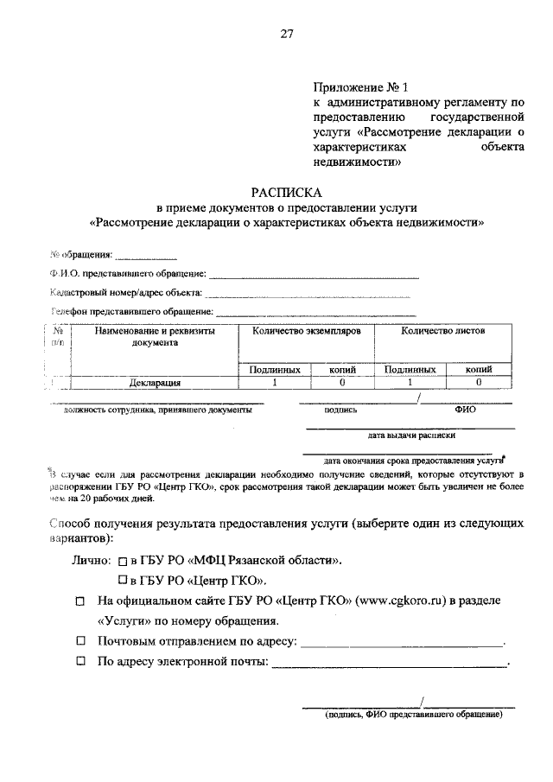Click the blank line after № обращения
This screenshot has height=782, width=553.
click(x=146, y=257)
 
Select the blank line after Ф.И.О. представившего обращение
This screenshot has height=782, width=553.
click(x=315, y=276)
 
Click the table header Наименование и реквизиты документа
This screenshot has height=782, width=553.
click(x=155, y=336)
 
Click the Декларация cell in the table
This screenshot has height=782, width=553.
click(x=155, y=381)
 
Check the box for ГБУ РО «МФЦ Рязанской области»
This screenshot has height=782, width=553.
click(x=123, y=561)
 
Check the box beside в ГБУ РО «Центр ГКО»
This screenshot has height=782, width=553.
click(x=123, y=580)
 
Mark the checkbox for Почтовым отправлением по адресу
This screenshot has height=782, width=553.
click(x=80, y=642)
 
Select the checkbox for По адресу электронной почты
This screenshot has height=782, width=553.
click(x=80, y=663)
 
